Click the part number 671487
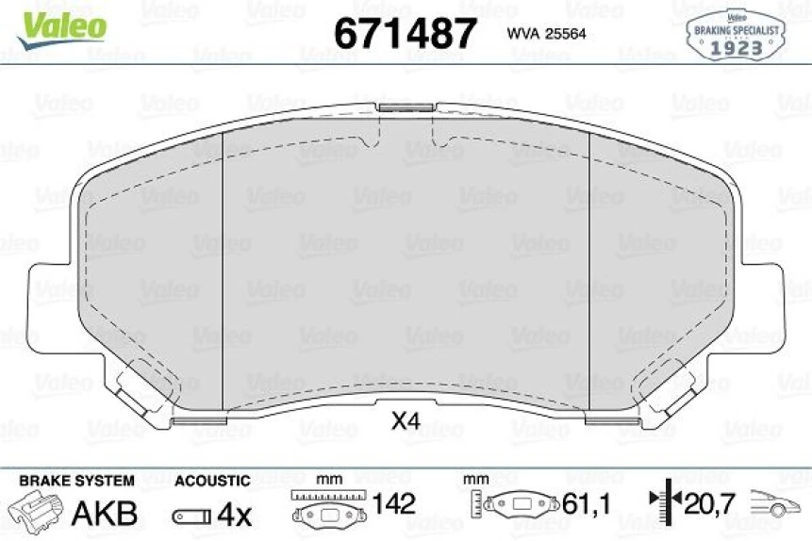point(406,33)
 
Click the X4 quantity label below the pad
point(405,421)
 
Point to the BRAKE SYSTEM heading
point(76,481)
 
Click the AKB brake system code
point(105,514)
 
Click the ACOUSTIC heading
point(212,481)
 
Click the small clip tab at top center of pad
point(406,107)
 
